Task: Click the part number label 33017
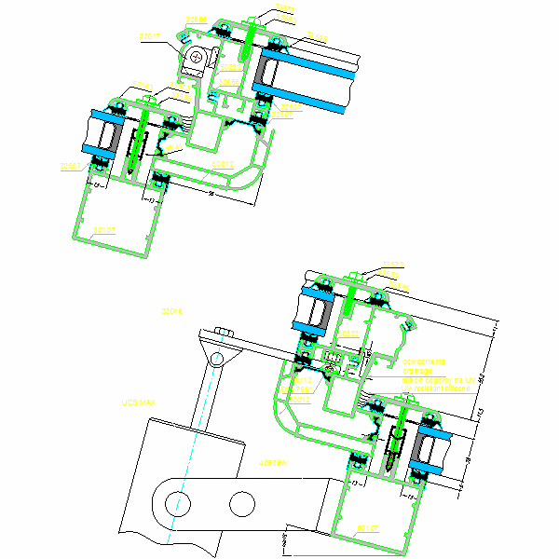(149, 37)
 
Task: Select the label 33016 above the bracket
(172, 309)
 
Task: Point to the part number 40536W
(272, 462)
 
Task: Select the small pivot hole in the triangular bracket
(217, 359)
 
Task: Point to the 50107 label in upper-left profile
(102, 228)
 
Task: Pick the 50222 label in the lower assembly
(347, 334)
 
